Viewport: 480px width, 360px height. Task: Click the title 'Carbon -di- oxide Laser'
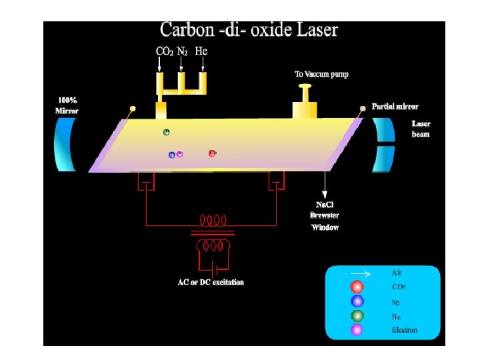pyautogui.click(x=249, y=31)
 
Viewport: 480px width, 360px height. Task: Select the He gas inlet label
pyautogui.click(x=201, y=51)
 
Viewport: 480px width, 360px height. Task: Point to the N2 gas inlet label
pyautogui.click(x=181, y=51)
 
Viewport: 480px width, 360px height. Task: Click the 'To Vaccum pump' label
pyautogui.click(x=322, y=74)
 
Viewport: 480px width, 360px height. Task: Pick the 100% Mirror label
pyautogui.click(x=66, y=105)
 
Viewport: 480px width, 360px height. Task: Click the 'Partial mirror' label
pyautogui.click(x=395, y=106)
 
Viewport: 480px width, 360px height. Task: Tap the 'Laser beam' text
pyautogui.click(x=421, y=129)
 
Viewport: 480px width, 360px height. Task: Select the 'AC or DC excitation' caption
pyautogui.click(x=211, y=282)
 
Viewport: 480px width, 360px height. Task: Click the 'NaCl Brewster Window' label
pyautogui.click(x=325, y=215)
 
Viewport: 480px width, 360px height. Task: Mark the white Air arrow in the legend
pyautogui.click(x=360, y=273)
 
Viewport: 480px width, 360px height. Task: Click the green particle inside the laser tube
pyautogui.click(x=167, y=132)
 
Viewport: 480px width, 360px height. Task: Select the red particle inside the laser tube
pyautogui.click(x=212, y=153)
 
